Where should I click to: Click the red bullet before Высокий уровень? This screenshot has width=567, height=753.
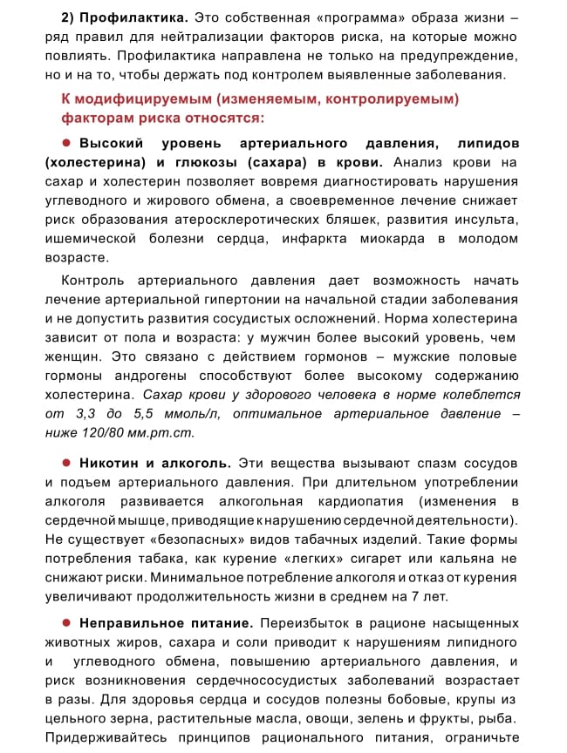coord(65,143)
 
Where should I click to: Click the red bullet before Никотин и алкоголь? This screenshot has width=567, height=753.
coord(65,462)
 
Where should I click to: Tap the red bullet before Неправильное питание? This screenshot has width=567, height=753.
coord(65,623)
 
